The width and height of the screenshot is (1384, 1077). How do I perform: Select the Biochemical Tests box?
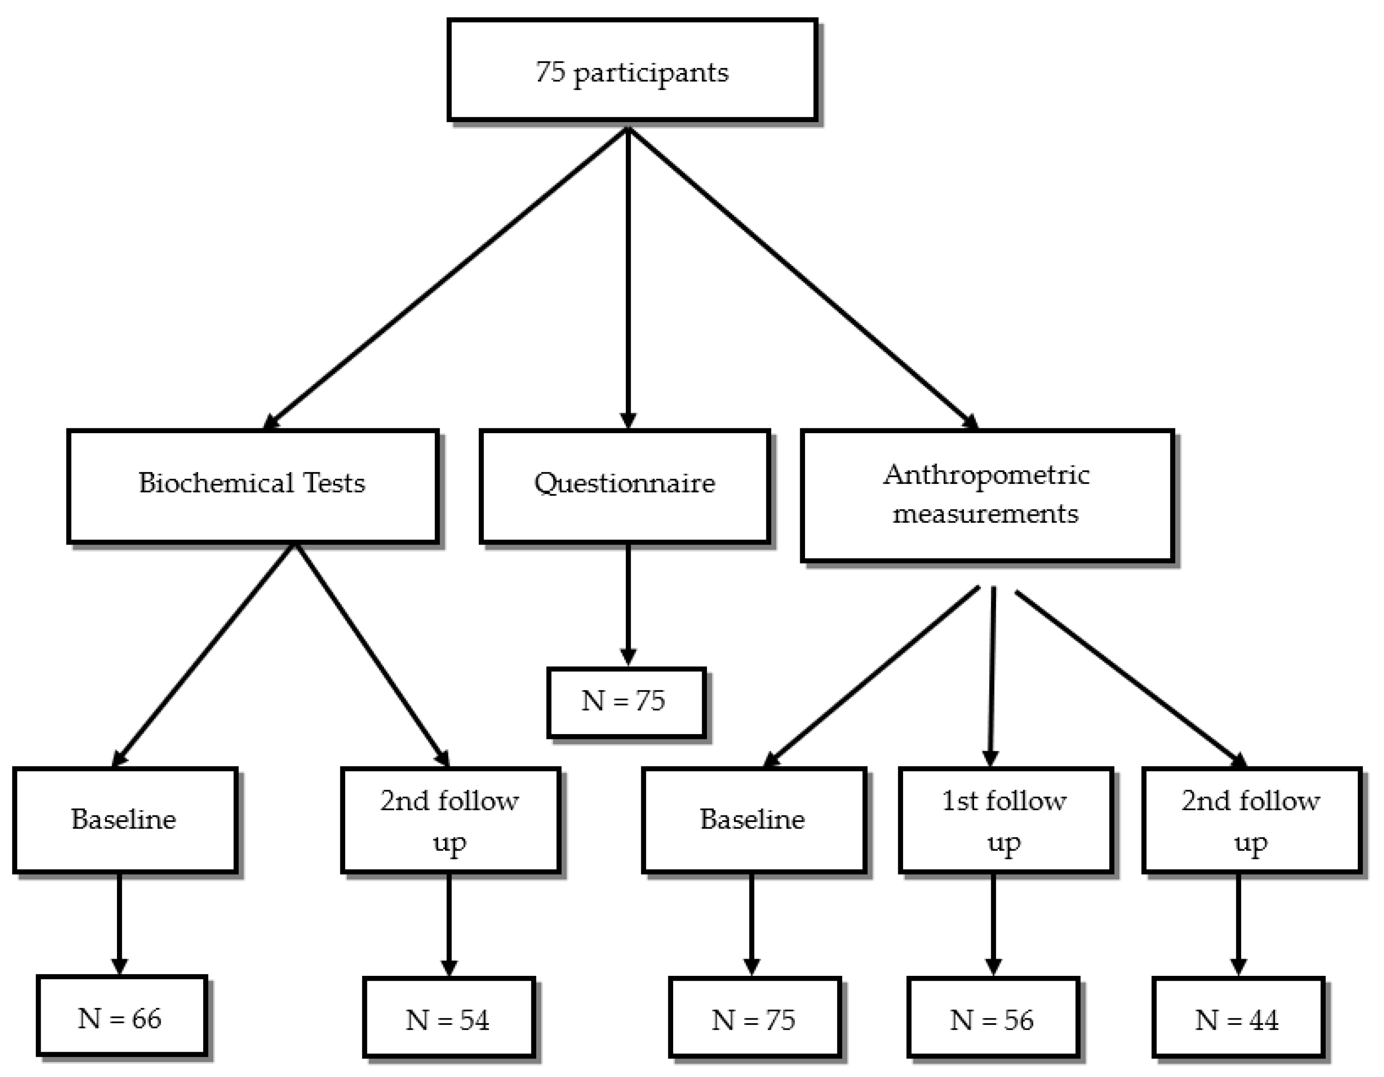click(253, 486)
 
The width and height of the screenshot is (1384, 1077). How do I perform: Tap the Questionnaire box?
click(625, 486)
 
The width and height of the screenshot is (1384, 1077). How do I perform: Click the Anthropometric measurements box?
click(987, 495)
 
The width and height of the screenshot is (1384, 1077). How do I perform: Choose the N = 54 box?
click(448, 1019)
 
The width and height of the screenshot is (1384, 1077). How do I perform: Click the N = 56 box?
click(992, 1019)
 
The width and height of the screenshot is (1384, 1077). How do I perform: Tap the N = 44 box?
click(1238, 1019)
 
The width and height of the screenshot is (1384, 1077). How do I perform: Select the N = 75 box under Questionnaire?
click(625, 702)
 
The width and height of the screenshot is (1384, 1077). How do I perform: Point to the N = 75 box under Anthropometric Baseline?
click(754, 1019)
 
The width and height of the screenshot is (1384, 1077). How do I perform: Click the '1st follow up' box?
click(1005, 820)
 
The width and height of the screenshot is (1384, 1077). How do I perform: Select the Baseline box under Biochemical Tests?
click(125, 820)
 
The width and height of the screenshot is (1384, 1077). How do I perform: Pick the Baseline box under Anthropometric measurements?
click(753, 820)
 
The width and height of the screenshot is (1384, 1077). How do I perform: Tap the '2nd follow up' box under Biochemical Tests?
click(450, 820)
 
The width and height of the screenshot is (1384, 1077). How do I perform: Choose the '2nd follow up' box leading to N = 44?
click(1251, 820)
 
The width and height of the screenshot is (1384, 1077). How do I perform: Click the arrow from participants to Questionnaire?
click(628, 279)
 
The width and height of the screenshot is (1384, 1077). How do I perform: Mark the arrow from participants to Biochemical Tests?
click(444, 279)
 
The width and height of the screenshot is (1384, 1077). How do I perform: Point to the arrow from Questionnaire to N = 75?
click(628, 602)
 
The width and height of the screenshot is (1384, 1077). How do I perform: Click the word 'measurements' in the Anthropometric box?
click(985, 514)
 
